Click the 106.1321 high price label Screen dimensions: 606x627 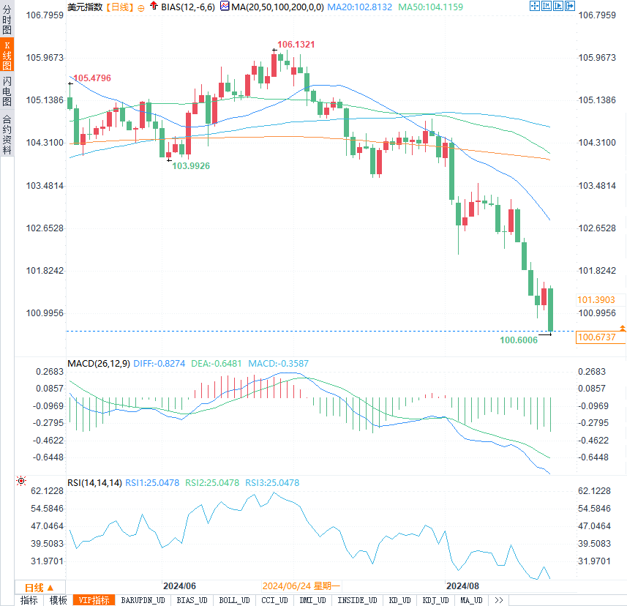[x=296, y=45]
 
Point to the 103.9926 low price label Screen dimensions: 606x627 [x=191, y=166]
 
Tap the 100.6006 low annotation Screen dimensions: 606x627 [x=519, y=340]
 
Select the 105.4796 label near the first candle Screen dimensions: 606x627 [x=92, y=78]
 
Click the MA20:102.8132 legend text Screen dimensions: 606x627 [x=360, y=7]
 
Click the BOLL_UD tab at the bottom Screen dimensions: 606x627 [x=234, y=600]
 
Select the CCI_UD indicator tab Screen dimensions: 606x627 [x=275, y=600]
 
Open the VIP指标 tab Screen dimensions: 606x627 [x=95, y=600]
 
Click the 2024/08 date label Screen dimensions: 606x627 [x=462, y=586]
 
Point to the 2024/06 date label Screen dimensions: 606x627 [x=179, y=586]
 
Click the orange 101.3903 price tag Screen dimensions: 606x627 [x=596, y=300]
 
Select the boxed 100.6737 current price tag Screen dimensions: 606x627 [x=596, y=337]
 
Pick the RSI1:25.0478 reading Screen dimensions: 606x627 [x=153, y=483]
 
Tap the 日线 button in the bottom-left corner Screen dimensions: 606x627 [x=34, y=588]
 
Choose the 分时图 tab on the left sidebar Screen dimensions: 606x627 [x=7, y=20]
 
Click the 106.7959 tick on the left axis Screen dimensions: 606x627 [x=45, y=15]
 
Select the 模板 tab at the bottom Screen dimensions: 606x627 [x=59, y=600]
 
